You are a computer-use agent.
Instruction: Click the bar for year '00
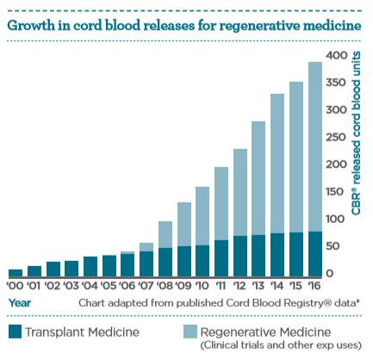click(16, 272)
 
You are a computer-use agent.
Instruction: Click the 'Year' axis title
click(21, 303)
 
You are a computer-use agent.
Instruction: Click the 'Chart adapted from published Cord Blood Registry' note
click(215, 303)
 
